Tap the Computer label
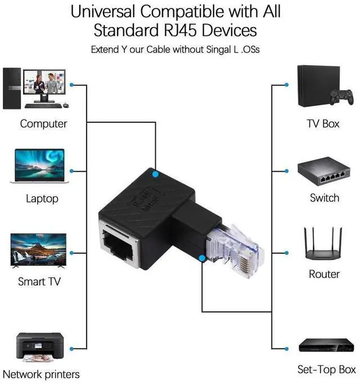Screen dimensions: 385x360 tap(43, 123)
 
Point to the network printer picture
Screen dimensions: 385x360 tap(39, 347)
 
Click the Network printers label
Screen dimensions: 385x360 tap(41, 374)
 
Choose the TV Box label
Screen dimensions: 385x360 tap(323, 123)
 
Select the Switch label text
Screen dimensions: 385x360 tap(325, 198)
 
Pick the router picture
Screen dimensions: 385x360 tap(323, 245)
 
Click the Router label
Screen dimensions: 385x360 tap(324, 274)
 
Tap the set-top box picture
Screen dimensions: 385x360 tap(323, 344)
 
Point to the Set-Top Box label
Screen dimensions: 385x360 tap(326, 370)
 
